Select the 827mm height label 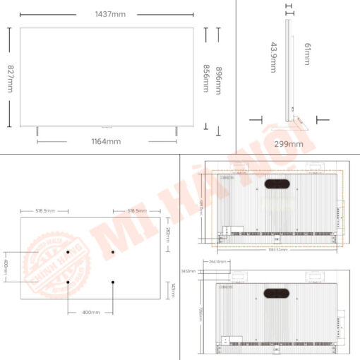click(11, 78)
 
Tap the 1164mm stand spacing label click(107, 141)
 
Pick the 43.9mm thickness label click(273, 57)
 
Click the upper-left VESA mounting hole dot click(68, 252)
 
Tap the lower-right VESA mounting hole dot click(113, 282)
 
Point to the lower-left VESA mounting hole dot click(68, 282)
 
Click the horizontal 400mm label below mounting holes click(90, 311)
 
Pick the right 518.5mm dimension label click(137, 210)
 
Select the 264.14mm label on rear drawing click(217, 262)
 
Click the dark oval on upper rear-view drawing click(276, 185)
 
